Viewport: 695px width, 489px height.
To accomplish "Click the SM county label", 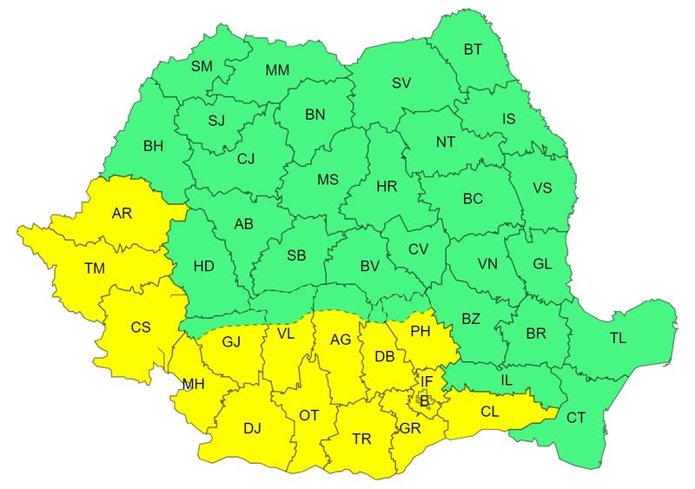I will coord(202,66).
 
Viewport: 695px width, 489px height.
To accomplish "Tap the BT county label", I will coord(473,50).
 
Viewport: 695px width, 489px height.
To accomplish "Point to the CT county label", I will coord(576,417).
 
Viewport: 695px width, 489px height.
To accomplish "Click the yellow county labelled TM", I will coord(96,269).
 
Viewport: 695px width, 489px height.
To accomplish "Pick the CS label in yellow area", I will coord(141,327).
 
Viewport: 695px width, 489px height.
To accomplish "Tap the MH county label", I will coord(194,384).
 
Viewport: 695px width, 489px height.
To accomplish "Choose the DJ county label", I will coord(252,427).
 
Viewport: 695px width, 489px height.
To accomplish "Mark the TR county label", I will coord(362,439).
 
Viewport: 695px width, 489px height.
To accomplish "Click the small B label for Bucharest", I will coord(425,400).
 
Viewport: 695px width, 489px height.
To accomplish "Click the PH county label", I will coord(420,331).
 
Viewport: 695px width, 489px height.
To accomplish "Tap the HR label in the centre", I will coord(386,186).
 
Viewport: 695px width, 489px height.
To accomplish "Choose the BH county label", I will coord(154,147).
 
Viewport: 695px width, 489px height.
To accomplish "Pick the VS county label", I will coord(542,188).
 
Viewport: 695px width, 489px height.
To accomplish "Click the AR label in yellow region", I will coord(122,213).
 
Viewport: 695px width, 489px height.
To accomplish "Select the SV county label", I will coord(400,83).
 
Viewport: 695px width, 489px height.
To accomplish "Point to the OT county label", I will coord(309,415).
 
